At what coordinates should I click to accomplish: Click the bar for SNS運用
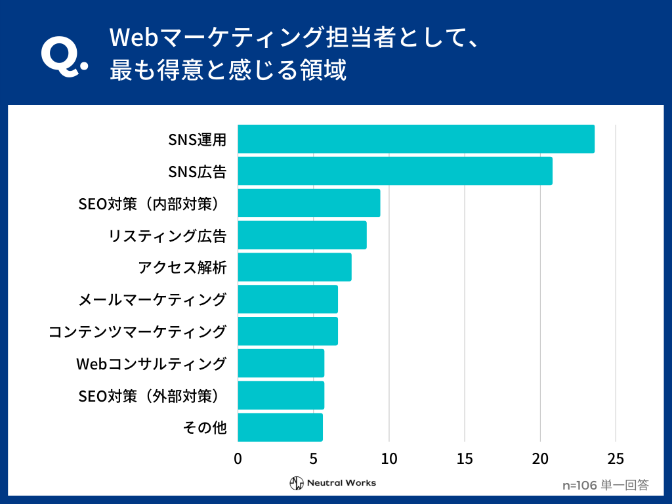(x=416, y=139)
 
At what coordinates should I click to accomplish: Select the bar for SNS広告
(x=395, y=171)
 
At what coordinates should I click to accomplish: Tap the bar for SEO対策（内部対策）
(x=308, y=203)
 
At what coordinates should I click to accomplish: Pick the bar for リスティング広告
(x=302, y=235)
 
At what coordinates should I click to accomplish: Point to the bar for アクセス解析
(x=295, y=267)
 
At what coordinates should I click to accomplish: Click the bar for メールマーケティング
(x=287, y=299)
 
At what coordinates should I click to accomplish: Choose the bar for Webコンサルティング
(x=281, y=364)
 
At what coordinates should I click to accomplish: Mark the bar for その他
(x=280, y=427)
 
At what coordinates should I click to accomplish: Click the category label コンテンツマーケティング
(x=138, y=331)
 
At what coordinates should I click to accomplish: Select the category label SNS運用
(x=198, y=139)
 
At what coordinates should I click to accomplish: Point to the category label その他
(x=205, y=428)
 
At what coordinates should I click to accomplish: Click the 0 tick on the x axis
(x=238, y=458)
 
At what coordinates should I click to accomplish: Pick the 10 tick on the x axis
(x=389, y=458)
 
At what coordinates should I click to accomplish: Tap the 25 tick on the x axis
(x=616, y=458)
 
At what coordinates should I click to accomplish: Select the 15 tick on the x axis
(x=465, y=458)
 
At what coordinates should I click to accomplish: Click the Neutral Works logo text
(x=341, y=483)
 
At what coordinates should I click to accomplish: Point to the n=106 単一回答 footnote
(x=606, y=486)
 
